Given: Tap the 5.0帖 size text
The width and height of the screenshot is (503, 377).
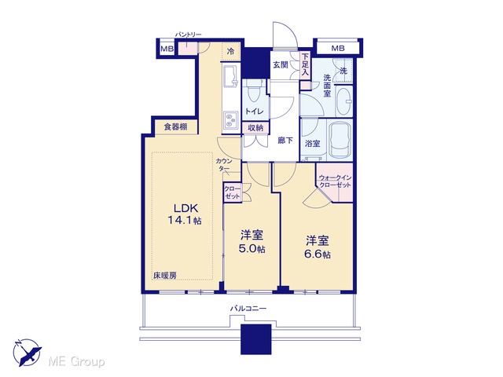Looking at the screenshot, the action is [253, 249].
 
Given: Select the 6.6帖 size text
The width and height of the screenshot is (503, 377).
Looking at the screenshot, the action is [318, 254].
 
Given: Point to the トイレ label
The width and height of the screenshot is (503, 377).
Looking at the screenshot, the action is [254, 112].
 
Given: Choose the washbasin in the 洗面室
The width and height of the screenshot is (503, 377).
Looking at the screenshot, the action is [344, 101].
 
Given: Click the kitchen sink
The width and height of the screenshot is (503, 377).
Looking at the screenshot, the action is [230, 76].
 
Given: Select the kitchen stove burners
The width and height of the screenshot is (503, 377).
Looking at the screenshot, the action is [230, 119].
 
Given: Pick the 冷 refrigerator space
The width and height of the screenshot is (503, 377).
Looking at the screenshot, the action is [230, 51].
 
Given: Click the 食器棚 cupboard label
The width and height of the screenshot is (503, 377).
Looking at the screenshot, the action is [175, 126].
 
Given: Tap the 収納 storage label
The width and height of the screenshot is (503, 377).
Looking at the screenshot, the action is [255, 127].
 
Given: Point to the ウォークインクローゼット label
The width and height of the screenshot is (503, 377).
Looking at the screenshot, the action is [336, 181].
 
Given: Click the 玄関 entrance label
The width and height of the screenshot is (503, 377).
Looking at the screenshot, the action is [280, 64].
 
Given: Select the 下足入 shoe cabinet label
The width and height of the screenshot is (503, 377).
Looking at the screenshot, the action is [304, 64].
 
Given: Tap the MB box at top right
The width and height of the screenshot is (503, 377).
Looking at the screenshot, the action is [338, 48].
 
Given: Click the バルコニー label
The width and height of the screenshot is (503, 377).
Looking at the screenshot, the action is [248, 309].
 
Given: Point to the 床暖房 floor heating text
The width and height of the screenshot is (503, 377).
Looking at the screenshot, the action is [165, 275].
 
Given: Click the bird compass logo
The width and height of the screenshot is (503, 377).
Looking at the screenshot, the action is [27, 353].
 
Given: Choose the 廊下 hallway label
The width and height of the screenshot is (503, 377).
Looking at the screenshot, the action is [285, 140].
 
